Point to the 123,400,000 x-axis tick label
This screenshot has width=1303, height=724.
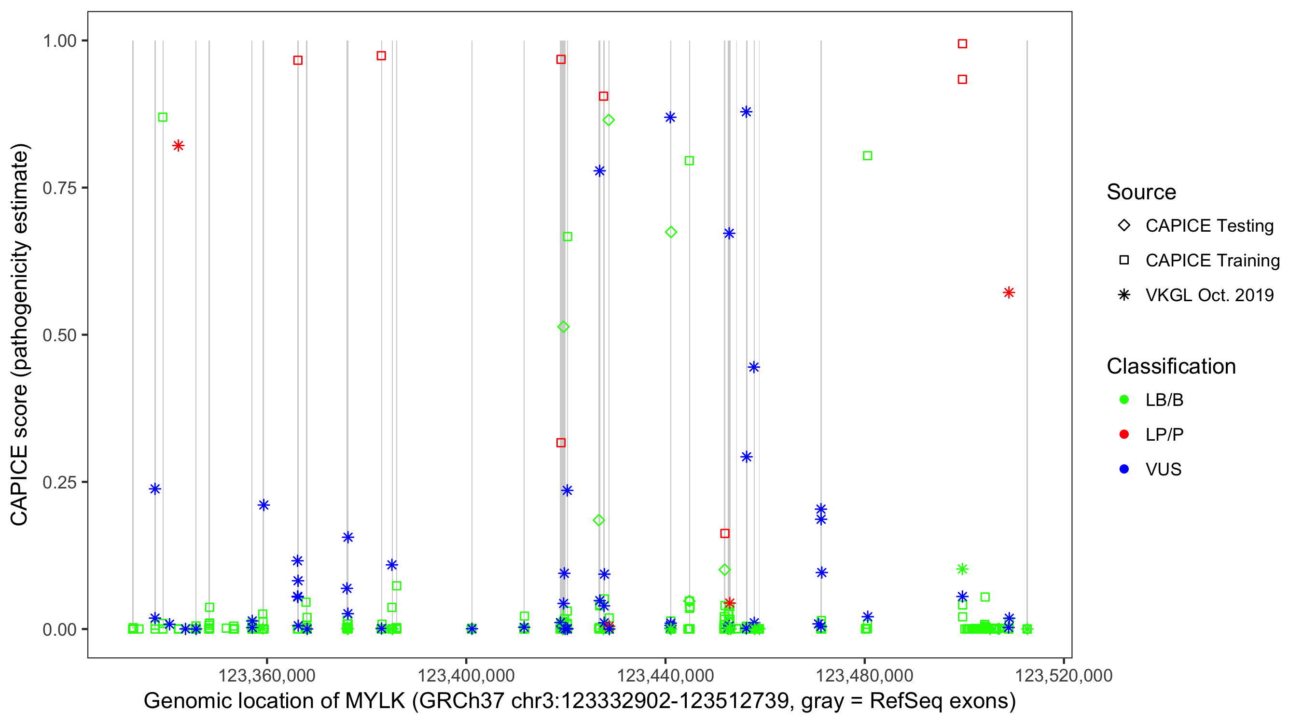point(465,675)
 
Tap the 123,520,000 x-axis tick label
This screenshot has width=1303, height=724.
point(1064,675)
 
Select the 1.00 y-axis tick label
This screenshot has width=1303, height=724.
point(59,41)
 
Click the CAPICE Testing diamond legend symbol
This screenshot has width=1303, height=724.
point(1124,225)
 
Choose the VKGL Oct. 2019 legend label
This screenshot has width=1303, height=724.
point(1209,295)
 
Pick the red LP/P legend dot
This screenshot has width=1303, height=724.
point(1124,434)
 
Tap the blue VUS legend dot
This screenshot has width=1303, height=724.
point(1124,469)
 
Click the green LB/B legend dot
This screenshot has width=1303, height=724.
point(1124,400)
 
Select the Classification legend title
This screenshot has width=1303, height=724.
point(1171,366)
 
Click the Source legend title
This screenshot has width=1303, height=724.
point(1141,192)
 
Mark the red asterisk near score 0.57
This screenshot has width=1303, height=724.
point(1009,292)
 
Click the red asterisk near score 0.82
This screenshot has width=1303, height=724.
point(178,146)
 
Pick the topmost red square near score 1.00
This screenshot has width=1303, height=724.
point(962,44)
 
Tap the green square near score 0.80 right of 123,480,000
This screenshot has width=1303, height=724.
point(867,156)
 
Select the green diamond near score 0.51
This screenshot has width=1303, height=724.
point(564,327)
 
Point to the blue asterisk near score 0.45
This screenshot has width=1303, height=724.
point(754,367)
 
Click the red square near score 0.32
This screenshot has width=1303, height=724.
point(560,443)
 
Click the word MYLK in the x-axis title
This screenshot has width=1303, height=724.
point(375,701)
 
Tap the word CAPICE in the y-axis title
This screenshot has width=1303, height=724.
point(19,484)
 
